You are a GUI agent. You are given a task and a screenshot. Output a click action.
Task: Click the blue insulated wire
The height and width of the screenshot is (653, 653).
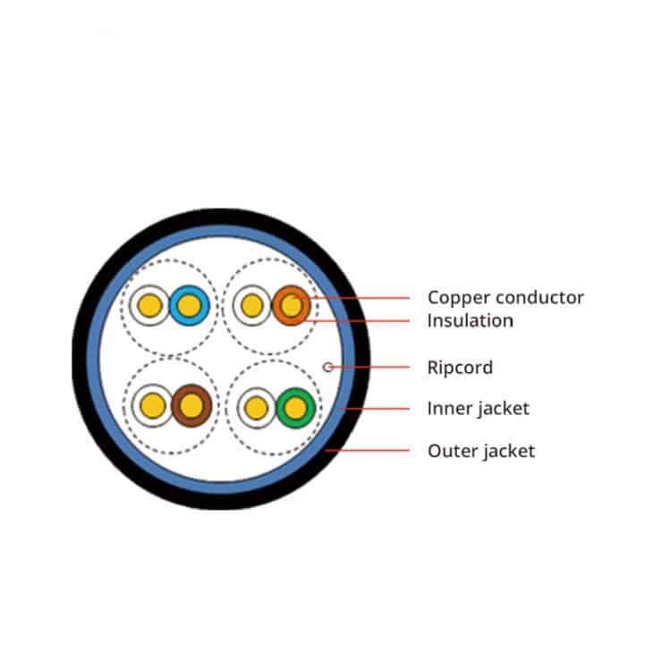pyautogui.click(x=189, y=305)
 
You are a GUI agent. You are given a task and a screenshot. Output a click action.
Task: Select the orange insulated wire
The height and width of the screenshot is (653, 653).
pyautogui.click(x=292, y=305)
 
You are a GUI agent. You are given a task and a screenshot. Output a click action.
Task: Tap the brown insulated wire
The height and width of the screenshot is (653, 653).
pyautogui.click(x=191, y=405)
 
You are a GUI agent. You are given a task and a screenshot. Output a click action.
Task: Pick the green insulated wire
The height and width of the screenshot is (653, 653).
pyautogui.click(x=296, y=408)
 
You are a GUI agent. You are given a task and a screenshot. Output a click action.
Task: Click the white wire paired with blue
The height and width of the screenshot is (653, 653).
pyautogui.click(x=149, y=305)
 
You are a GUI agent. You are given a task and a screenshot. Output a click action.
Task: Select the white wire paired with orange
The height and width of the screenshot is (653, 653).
pyautogui.click(x=252, y=305)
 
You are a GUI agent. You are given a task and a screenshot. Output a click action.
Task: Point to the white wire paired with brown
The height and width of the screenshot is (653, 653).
pyautogui.click(x=152, y=405)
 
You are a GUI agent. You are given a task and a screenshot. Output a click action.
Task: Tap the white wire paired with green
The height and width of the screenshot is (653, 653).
pyautogui.click(x=257, y=408)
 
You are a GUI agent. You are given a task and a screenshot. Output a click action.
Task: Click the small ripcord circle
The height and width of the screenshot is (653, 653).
pyautogui.click(x=328, y=367)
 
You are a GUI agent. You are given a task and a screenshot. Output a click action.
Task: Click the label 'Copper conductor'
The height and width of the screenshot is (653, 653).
pyautogui.click(x=505, y=297)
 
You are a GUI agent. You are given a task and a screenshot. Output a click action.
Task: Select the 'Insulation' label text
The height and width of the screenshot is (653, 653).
pyautogui.click(x=471, y=320)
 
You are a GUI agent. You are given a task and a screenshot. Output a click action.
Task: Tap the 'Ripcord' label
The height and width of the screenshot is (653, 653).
pyautogui.click(x=460, y=368)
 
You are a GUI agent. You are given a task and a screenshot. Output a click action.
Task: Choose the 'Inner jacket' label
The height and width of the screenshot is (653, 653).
pyautogui.click(x=478, y=408)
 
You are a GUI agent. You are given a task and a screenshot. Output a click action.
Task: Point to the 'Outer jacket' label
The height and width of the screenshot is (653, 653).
pyautogui.click(x=481, y=451)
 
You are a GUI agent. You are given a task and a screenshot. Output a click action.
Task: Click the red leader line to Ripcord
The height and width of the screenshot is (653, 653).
pyautogui.click(x=369, y=367)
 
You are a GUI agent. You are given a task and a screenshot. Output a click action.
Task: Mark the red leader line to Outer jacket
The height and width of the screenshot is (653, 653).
pyautogui.click(x=368, y=450)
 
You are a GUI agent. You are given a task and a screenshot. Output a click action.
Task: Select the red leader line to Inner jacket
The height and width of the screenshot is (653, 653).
pyautogui.click(x=375, y=409)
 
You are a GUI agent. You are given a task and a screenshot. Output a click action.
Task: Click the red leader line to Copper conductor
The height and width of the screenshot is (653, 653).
pyautogui.click(x=353, y=298)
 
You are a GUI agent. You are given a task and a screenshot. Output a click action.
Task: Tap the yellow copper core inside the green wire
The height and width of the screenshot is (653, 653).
pyautogui.click(x=296, y=408)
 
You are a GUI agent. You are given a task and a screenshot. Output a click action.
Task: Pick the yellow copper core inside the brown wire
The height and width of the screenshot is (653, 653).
pyautogui.click(x=191, y=405)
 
